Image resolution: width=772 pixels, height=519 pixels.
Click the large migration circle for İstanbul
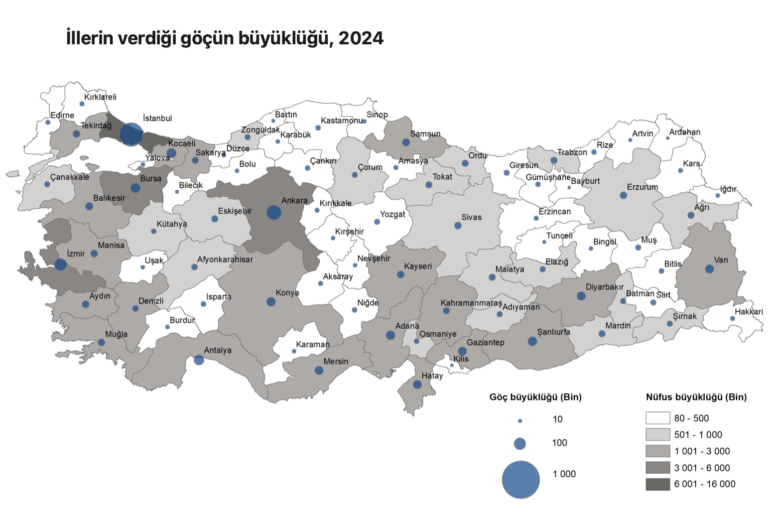[131, 134]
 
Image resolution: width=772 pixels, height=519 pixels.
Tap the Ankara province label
[294, 201]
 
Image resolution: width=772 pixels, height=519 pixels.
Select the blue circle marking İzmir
[61, 264]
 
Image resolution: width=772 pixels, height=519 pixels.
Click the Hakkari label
[749, 312]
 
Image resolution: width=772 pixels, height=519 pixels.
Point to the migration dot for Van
[709, 269]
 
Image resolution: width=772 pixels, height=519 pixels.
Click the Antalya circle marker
[199, 360]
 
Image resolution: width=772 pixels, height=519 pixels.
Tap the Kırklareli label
[100, 97]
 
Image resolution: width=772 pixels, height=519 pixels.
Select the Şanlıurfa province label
[553, 332]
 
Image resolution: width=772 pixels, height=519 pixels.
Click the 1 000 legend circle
[520, 480]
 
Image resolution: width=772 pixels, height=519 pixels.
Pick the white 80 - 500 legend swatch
[657, 418]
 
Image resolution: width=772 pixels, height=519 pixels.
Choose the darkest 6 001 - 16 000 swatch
[657, 484]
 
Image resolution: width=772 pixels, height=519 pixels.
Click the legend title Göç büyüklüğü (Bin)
[535, 397]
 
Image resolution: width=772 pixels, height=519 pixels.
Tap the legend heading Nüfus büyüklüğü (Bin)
[696, 397]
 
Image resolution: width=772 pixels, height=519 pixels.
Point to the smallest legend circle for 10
[520, 421]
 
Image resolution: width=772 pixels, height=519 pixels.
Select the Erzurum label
[643, 187]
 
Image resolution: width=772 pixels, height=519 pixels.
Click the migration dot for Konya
[271, 302]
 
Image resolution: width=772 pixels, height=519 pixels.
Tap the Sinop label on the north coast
[377, 115]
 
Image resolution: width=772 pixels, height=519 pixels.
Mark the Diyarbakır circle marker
[581, 296]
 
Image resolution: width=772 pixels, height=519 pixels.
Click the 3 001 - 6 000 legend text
[702, 468]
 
